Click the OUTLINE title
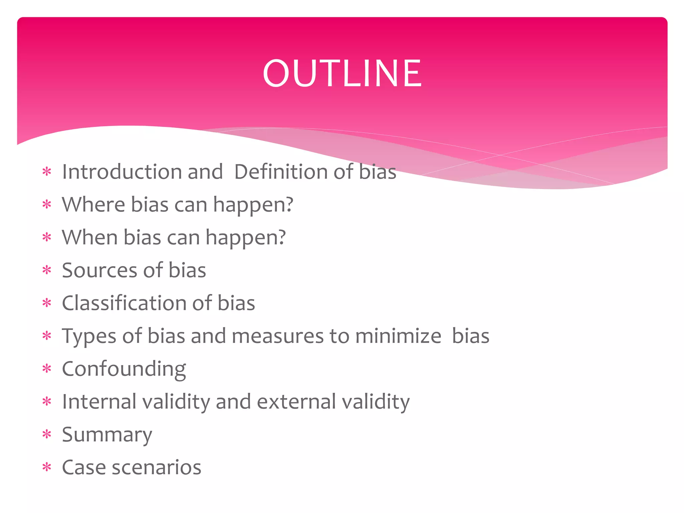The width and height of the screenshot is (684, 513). tap(342, 73)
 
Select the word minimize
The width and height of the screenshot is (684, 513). tap(398, 336)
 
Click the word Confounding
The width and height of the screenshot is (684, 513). tap(124, 369)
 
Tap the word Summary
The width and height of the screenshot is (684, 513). tap(107, 435)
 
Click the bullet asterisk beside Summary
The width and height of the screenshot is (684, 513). tap(47, 435)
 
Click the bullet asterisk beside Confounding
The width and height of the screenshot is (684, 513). tap(47, 369)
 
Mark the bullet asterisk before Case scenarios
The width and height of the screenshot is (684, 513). tap(47, 467)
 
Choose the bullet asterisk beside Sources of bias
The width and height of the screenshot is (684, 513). tap(47, 270)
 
